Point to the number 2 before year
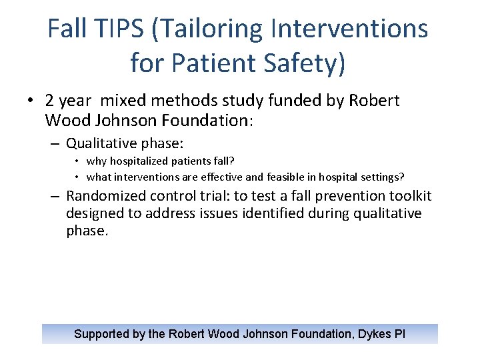[x=50, y=101]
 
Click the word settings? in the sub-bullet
[x=380, y=177]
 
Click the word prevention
[x=341, y=196]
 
